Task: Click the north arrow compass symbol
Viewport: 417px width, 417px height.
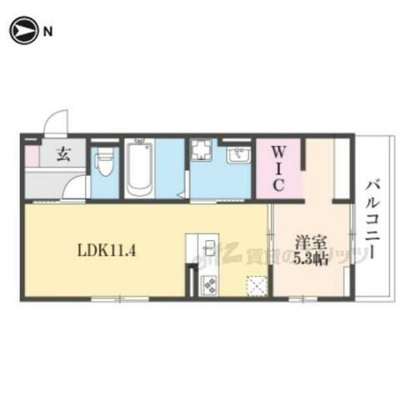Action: point(22,31)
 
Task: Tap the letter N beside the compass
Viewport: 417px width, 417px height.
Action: point(48,32)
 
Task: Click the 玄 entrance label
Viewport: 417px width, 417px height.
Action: point(63,154)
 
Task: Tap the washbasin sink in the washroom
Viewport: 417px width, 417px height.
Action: point(238,155)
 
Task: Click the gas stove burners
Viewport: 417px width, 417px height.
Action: point(208,284)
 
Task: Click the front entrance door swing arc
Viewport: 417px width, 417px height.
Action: point(57,123)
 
